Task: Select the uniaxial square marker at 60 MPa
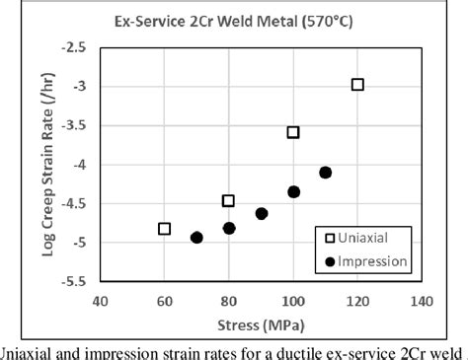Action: click(165, 229)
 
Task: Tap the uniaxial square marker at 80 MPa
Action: click(228, 200)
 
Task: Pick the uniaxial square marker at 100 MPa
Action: click(293, 132)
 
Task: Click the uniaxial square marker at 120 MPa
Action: click(357, 85)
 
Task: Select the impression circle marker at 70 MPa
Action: click(196, 238)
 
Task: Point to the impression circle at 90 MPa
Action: click(262, 213)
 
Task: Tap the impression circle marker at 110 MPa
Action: click(326, 173)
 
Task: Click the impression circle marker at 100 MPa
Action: click(293, 191)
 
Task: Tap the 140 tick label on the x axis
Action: click(422, 301)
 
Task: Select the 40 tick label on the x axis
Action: click(100, 301)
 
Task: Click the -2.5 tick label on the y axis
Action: click(75, 46)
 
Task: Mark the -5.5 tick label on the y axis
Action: click(75, 281)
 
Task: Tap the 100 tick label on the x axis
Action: click(293, 301)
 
